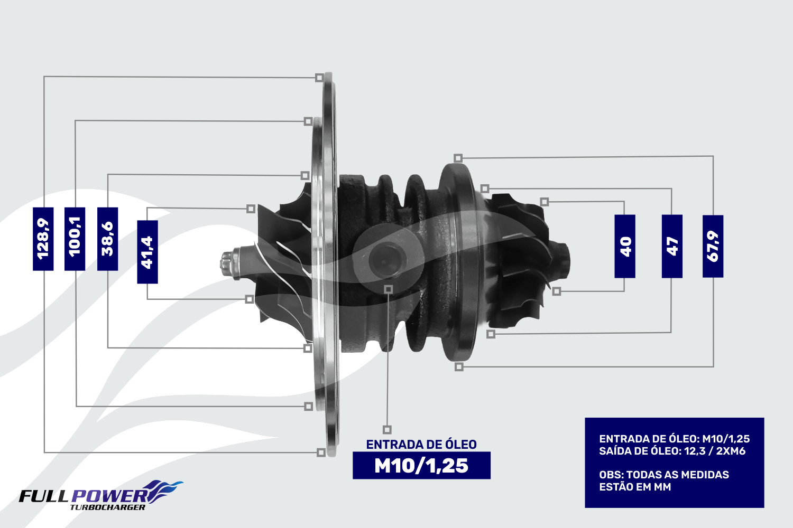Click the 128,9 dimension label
[43, 239]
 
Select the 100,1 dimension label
[75, 239]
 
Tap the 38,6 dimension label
[108, 239]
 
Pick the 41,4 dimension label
[147, 252]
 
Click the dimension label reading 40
[625, 246]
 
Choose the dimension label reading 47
[672, 246]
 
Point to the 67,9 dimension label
[713, 246]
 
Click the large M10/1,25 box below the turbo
[422, 465]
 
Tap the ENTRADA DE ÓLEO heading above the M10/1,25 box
[421, 445]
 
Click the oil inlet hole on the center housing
[384, 259]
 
